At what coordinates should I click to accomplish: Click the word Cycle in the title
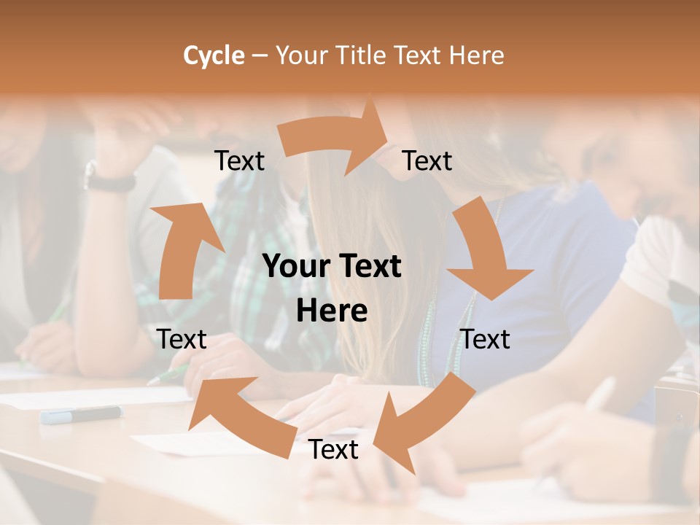(214, 55)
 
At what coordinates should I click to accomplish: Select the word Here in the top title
(478, 55)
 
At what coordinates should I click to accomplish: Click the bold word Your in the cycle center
(295, 267)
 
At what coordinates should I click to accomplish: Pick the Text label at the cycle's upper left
(239, 161)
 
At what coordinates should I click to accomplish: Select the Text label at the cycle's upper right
(427, 161)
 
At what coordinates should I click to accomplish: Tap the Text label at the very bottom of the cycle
(333, 450)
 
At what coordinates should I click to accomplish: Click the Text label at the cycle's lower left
(182, 339)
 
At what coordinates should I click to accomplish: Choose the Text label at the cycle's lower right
(485, 339)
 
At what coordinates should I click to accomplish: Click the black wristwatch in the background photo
(109, 179)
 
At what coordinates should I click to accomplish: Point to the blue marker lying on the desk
(81, 414)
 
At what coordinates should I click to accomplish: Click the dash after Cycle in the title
(260, 55)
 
